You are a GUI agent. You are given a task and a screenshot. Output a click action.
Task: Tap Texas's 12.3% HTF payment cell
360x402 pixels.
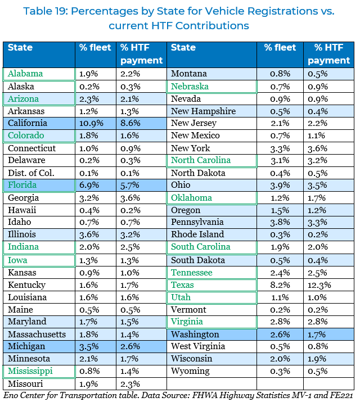319,285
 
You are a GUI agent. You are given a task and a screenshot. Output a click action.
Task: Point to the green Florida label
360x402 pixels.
22,185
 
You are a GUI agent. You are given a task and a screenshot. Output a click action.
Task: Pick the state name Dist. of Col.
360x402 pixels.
30,173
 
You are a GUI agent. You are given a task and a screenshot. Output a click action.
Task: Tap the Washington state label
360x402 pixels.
195,335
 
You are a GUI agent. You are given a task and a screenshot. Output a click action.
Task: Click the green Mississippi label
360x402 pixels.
30,371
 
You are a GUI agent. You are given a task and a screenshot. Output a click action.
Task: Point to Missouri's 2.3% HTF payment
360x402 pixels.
131,384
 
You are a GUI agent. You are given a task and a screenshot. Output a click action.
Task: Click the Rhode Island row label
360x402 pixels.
197,234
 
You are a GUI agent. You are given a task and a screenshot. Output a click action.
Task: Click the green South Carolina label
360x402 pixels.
201,247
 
